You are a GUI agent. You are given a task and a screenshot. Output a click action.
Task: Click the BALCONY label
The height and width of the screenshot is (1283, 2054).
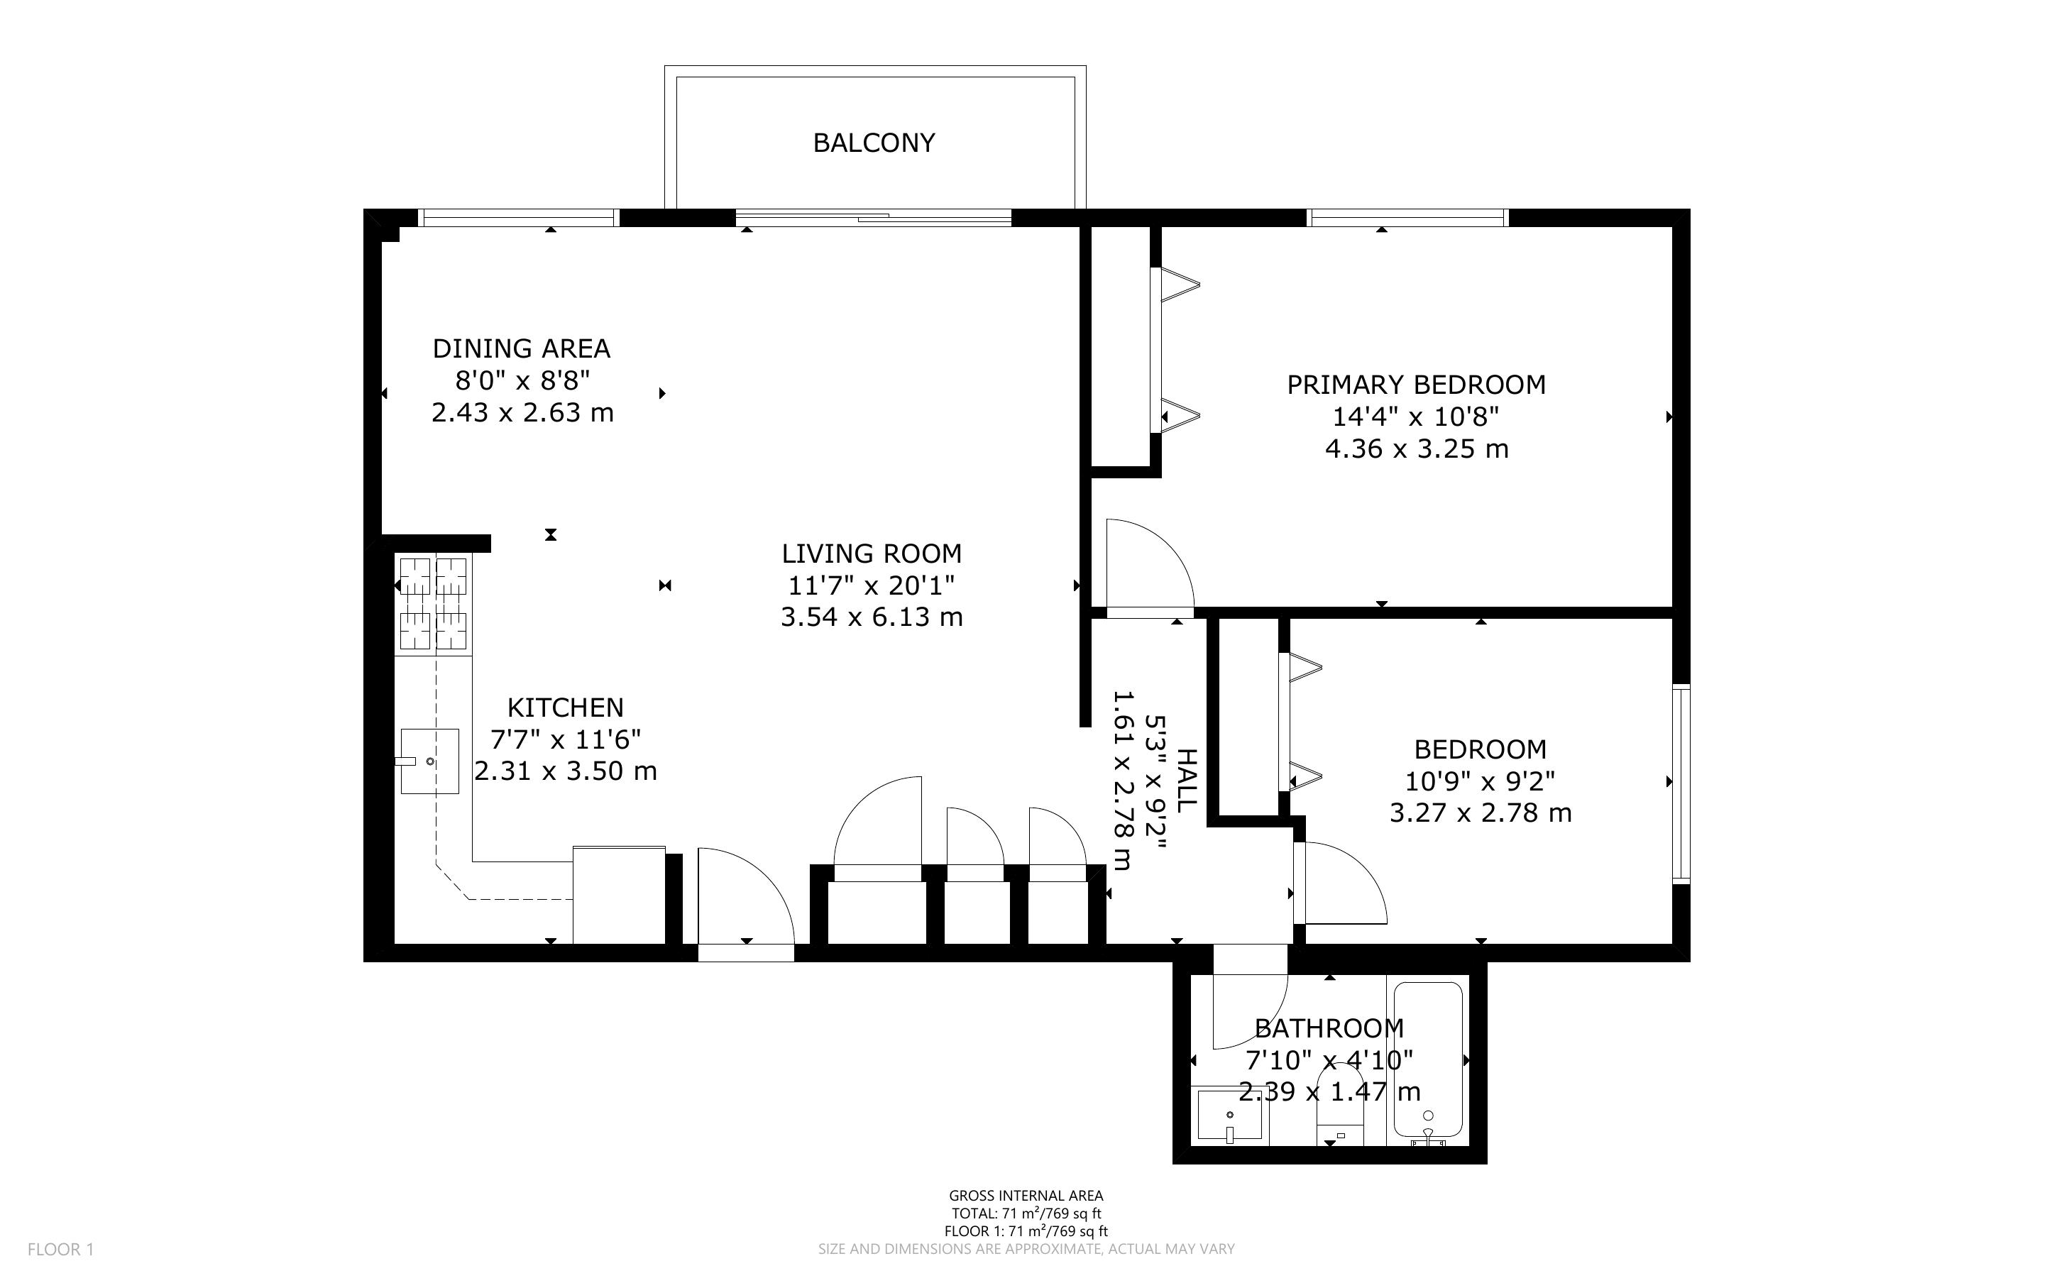[874, 143]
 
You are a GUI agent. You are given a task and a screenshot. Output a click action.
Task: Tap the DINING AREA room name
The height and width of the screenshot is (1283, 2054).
[522, 348]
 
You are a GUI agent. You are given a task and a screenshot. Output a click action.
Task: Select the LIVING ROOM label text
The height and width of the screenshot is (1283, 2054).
[872, 554]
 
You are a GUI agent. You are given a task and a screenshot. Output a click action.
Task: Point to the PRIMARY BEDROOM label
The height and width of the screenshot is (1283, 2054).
[1416, 385]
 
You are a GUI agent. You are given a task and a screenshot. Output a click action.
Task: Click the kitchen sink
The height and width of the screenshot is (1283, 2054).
[429, 761]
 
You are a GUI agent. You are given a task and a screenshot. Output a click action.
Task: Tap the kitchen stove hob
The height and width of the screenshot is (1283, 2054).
[433, 605]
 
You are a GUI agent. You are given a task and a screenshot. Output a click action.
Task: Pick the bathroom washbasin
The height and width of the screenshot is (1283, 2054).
[1229, 1115]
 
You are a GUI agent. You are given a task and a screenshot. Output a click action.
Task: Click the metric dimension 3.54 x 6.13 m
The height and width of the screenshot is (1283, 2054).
[872, 617]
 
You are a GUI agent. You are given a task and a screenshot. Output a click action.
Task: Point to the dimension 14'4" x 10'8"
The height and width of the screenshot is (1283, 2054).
[1416, 417]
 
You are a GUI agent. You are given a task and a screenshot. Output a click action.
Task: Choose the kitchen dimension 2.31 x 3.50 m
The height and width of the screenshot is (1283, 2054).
[566, 771]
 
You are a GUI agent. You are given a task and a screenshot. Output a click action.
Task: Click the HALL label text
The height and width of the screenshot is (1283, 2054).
[1186, 781]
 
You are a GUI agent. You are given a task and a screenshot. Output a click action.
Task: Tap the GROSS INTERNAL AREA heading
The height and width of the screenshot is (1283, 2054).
[1026, 1196]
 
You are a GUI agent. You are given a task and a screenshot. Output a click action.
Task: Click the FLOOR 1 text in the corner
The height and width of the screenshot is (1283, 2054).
[61, 1249]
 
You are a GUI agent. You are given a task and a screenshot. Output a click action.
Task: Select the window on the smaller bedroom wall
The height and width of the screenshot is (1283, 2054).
[1681, 784]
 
